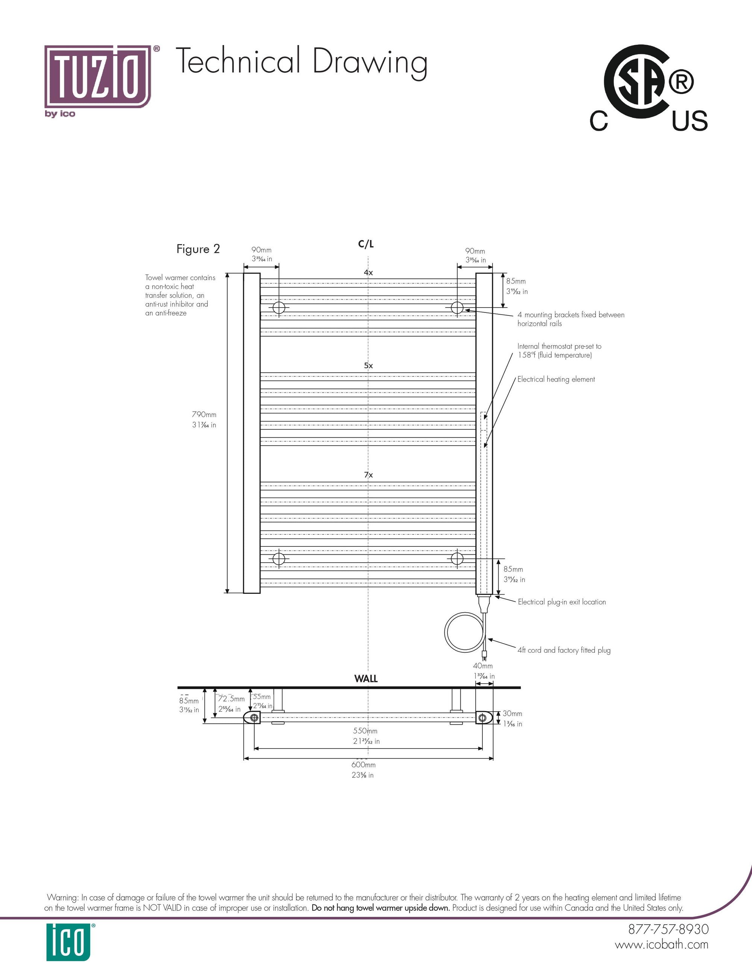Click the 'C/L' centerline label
click(366, 244)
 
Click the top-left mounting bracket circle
click(279, 308)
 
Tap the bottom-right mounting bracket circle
click(457, 558)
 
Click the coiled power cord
click(463, 632)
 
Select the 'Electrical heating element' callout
click(556, 379)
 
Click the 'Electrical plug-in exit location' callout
click(562, 602)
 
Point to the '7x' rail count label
click(368, 475)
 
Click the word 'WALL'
click(366, 679)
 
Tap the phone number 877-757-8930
click(668, 929)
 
